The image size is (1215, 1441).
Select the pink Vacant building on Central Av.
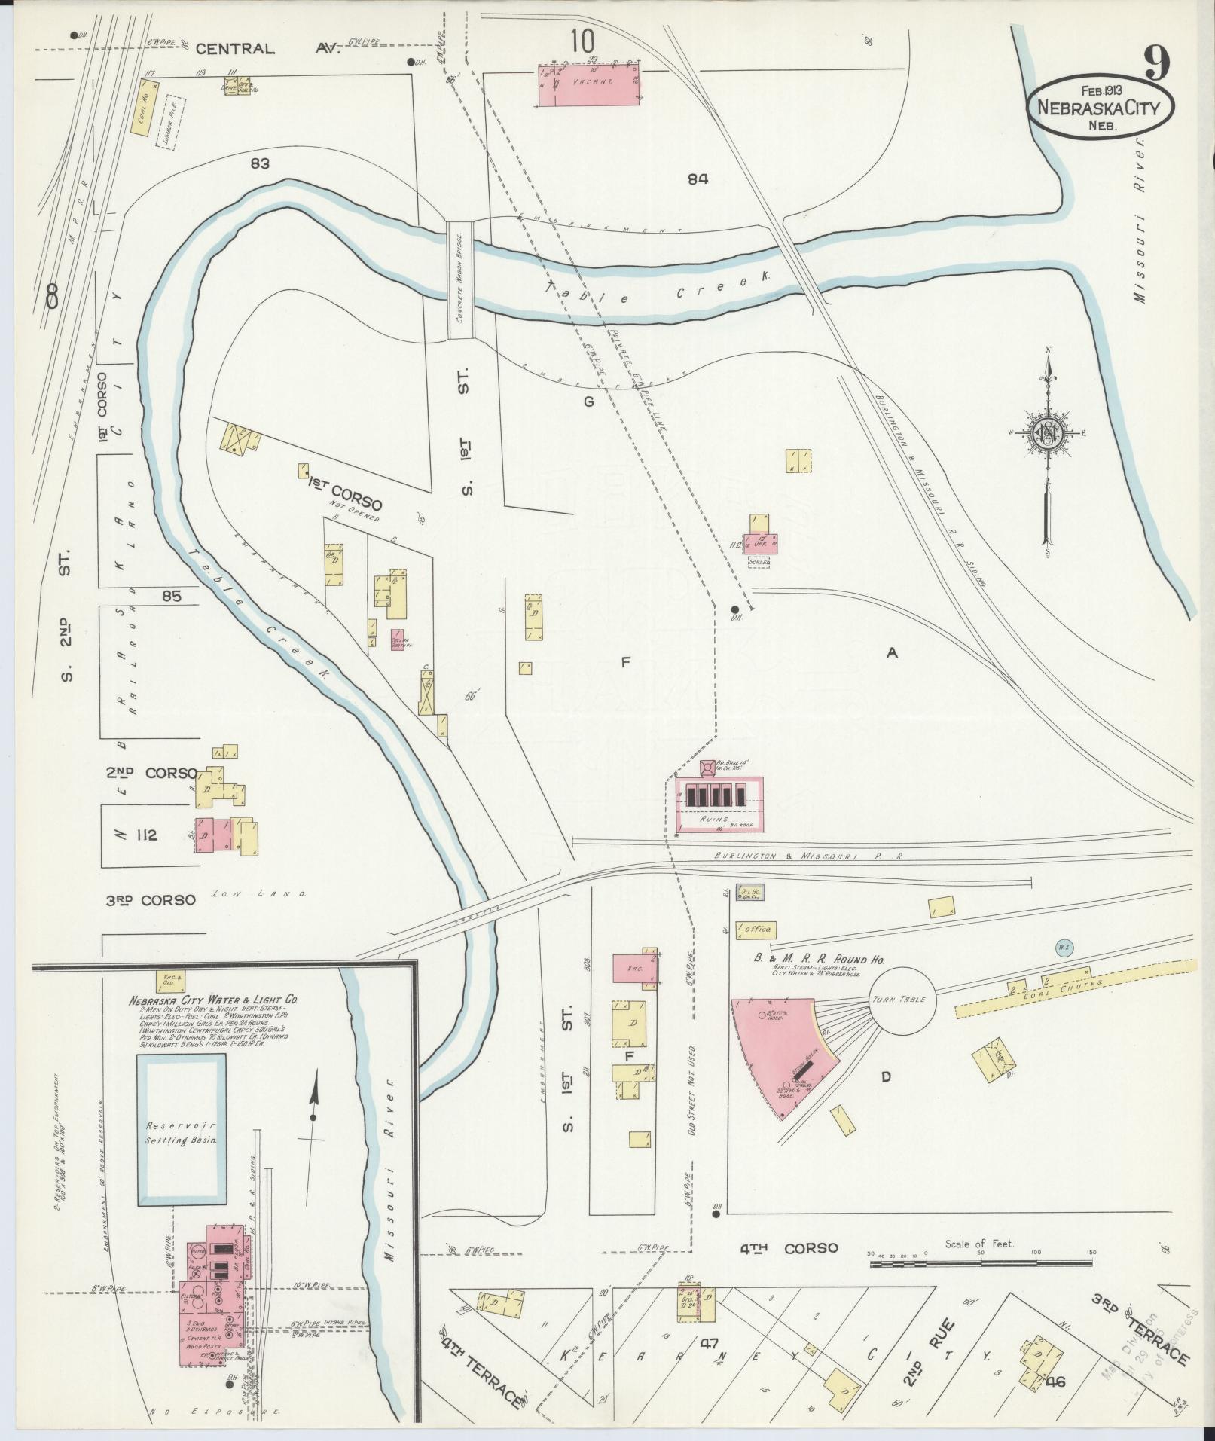(589, 86)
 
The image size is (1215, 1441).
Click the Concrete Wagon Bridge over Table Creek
(460, 281)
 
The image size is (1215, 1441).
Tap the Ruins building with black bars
(720, 804)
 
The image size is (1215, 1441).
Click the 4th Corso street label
(788, 1248)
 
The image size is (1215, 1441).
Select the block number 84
(698, 179)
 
